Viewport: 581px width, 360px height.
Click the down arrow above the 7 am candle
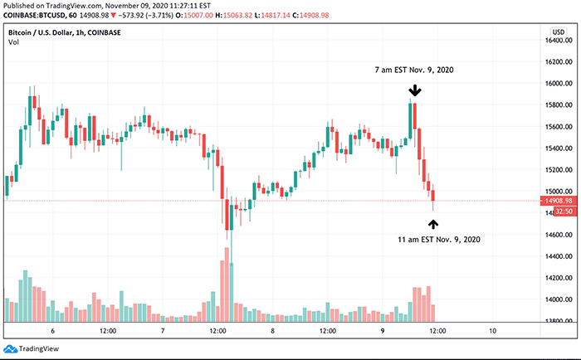click(414, 89)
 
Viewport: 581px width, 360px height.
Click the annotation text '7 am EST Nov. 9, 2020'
click(414, 71)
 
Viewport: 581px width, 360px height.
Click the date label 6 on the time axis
click(52, 330)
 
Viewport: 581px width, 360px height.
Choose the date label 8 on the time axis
click(272, 330)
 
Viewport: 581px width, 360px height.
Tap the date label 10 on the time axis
click(493, 330)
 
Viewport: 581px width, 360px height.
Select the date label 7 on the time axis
click(163, 330)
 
